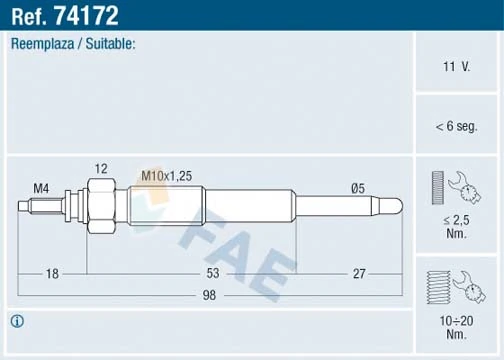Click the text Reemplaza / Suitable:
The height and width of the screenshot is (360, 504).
pos(73,44)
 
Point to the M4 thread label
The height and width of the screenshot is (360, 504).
pos(42,188)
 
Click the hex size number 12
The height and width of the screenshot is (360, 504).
pos(101,168)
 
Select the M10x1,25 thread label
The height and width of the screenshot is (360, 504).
pos(166,176)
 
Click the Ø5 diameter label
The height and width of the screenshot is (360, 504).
pos(358,188)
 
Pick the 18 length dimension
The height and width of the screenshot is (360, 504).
pos(53,273)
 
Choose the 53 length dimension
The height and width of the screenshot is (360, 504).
pos(213,273)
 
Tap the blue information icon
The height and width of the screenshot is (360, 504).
pos(17,322)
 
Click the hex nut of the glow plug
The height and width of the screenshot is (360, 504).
pos(100,205)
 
